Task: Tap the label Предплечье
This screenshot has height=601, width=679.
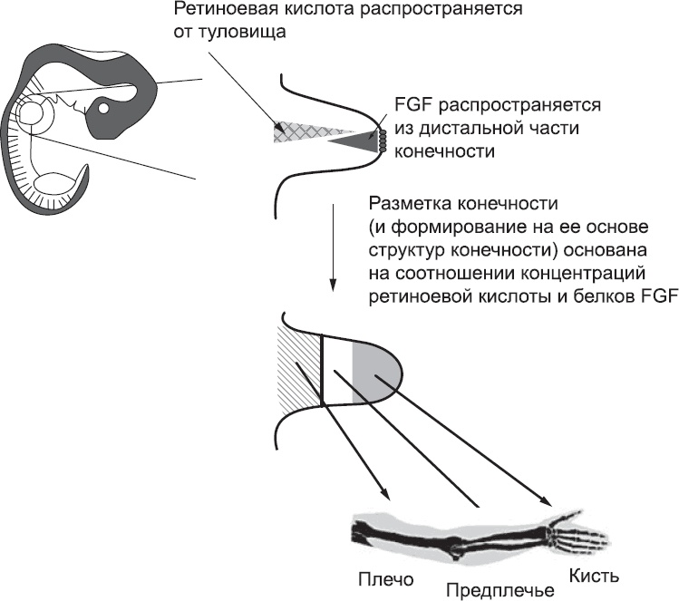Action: click(500, 591)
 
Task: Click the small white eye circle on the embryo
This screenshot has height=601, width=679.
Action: click(104, 109)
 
